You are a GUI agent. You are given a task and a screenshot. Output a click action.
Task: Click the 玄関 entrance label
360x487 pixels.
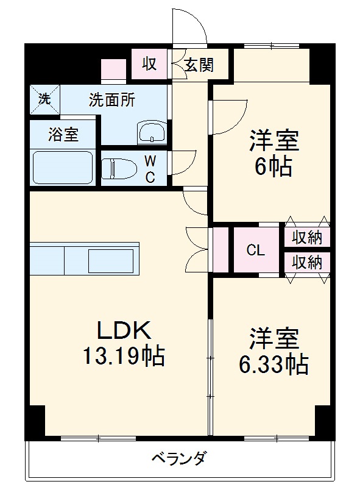pos(199,65)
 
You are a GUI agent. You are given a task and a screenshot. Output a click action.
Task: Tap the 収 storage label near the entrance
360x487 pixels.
pos(150,63)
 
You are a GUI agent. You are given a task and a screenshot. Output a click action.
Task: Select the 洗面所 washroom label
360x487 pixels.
pos(112,100)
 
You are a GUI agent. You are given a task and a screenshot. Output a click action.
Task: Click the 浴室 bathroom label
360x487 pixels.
pos(63,134)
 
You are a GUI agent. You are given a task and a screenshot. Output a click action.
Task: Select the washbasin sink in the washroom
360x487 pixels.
pos(152,133)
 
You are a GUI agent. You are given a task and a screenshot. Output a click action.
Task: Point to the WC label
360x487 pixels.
pos(150,169)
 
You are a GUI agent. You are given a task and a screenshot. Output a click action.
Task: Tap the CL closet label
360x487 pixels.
pos(255,250)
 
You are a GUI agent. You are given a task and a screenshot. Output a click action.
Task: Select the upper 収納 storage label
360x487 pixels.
pos(306,238)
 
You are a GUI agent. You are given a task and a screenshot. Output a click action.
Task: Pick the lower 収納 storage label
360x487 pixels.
pos(306,263)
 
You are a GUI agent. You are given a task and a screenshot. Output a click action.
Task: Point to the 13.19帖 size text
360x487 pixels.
pos(124,355)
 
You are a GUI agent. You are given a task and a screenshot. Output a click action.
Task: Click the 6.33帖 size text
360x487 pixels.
pos(272,364)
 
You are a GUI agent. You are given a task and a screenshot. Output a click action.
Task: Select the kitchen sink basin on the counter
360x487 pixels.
pos(110,261)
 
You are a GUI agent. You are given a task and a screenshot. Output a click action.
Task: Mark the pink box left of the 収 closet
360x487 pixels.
pos(113,69)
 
